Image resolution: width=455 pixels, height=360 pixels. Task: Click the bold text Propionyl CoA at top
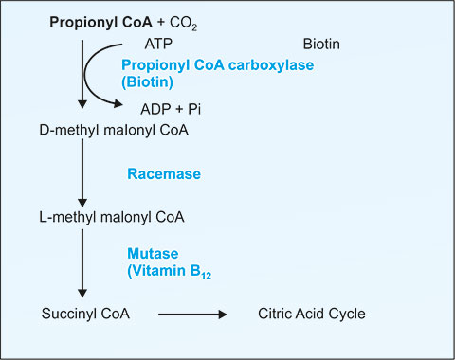tap(100, 23)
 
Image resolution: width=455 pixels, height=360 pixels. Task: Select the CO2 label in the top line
tap(184, 24)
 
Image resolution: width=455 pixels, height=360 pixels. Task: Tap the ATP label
tap(158, 44)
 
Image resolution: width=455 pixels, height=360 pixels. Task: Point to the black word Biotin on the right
tap(321, 45)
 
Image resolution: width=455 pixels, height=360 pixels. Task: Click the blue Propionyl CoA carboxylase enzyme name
tap(218, 65)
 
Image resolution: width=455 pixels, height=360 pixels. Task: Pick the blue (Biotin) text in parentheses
tap(148, 82)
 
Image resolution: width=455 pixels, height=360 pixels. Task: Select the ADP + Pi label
tap(171, 109)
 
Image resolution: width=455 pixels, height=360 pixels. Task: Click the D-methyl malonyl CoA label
tap(114, 130)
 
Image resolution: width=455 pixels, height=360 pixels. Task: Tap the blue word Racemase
tap(164, 174)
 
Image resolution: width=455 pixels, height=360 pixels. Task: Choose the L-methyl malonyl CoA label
tap(112, 217)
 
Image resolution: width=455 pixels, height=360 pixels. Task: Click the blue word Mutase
tap(153, 254)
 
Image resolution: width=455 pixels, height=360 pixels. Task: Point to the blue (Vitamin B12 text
tap(170, 272)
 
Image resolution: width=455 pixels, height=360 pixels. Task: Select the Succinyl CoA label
tap(85, 314)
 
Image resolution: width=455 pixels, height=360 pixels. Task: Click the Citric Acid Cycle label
tap(312, 314)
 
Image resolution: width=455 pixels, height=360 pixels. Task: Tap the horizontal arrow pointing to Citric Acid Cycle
tap(192, 315)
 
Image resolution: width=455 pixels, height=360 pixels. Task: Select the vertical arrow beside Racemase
tap(82, 173)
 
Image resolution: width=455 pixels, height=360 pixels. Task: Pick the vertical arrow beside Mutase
tap(82, 263)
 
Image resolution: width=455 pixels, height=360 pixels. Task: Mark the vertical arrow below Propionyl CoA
tap(82, 74)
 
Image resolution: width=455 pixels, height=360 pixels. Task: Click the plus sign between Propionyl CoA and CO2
tap(161, 23)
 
